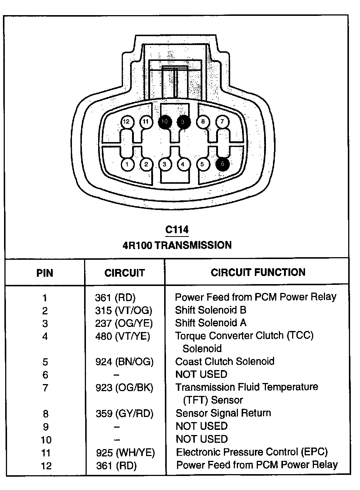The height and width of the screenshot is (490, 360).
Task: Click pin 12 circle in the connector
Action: point(127,122)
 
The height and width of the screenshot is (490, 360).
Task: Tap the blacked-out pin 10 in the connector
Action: point(165,122)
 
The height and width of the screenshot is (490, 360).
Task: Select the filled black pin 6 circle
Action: point(222,164)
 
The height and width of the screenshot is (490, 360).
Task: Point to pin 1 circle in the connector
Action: point(127,164)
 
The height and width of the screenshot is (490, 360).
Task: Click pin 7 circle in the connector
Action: point(222,121)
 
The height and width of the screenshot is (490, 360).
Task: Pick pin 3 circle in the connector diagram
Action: point(165,164)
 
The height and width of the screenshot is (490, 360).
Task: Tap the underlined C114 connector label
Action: point(177,230)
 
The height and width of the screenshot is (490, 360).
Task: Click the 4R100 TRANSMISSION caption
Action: point(177,245)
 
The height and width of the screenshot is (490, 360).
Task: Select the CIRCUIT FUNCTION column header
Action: point(258,272)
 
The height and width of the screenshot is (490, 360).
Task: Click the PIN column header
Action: point(45,273)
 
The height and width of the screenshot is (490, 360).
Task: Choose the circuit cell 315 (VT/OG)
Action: point(124,311)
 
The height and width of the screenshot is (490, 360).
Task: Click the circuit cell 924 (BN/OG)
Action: point(124,362)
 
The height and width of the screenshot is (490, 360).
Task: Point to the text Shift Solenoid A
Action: point(210,323)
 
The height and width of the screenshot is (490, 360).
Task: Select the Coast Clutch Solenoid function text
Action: point(225,361)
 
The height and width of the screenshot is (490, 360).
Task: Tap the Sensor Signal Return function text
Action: point(223,413)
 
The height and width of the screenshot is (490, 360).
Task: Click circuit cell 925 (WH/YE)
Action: point(125,452)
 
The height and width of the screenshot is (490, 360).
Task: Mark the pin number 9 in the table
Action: point(45,427)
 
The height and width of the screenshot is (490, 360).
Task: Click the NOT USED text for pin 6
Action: point(201,374)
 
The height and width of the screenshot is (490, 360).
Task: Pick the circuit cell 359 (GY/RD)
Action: point(124,413)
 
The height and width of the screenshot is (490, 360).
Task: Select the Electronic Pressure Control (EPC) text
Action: point(252,452)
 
